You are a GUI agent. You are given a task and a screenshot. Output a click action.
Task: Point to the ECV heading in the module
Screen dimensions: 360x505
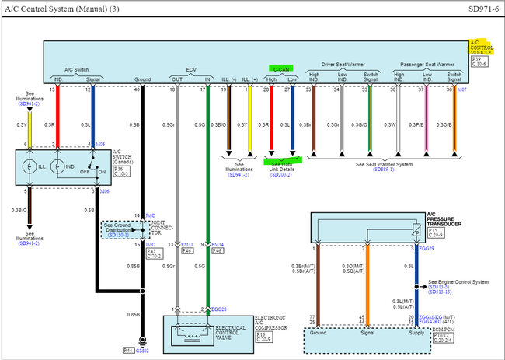click(191, 69)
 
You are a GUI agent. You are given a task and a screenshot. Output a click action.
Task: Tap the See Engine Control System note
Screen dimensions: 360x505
click(458, 281)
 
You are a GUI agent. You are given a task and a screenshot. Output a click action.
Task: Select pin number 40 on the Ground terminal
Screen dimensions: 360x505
click(138, 89)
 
